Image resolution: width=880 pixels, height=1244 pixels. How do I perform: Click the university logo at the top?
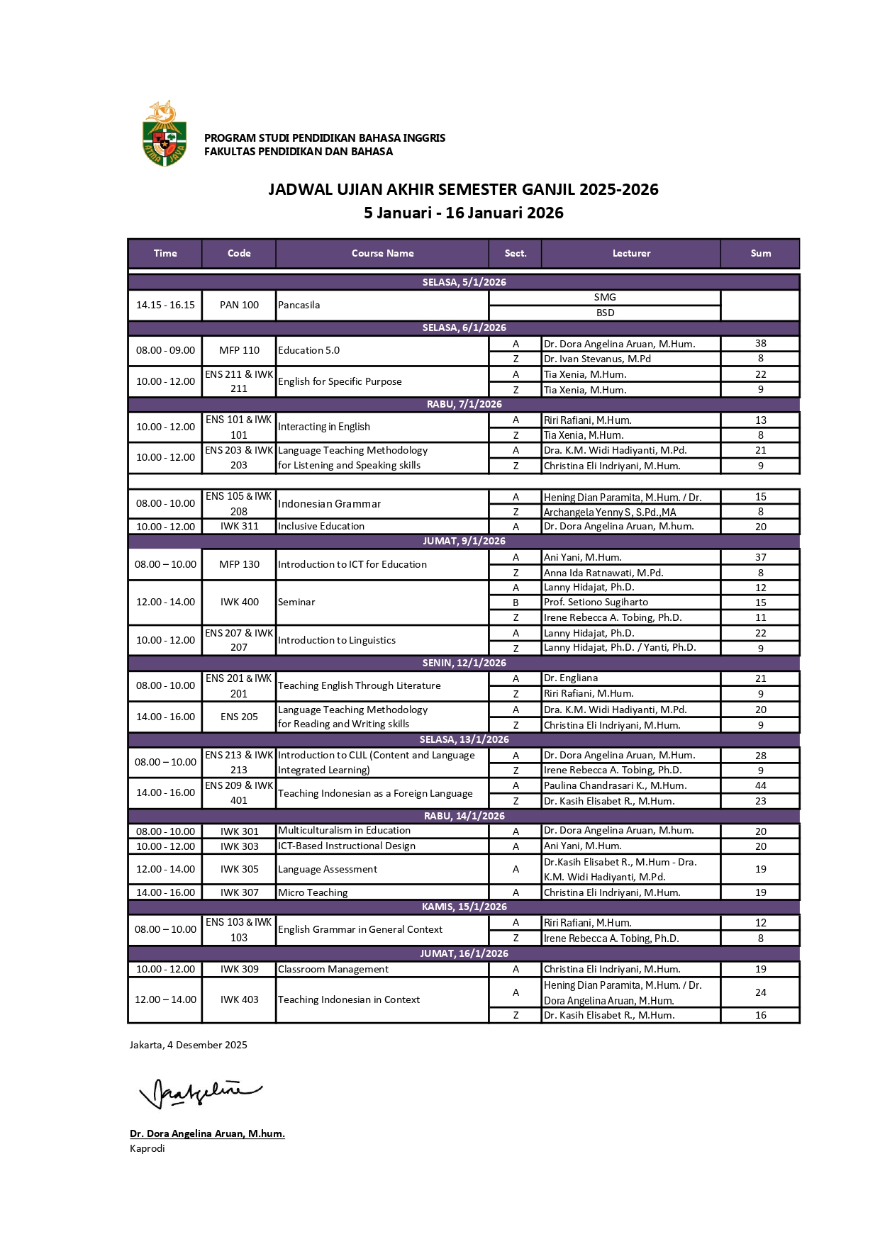tap(165, 133)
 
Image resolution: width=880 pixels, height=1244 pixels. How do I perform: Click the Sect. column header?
tap(516, 253)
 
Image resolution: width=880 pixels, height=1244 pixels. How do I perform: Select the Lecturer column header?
tap(631, 253)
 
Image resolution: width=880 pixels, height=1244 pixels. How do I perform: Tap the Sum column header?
tap(760, 253)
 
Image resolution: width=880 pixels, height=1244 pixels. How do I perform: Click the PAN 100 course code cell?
tap(239, 305)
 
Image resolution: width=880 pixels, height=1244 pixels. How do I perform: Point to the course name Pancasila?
tap(299, 305)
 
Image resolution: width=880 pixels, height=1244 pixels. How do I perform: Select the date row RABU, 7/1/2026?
tap(464, 404)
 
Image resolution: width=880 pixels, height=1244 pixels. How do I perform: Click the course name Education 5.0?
tap(309, 350)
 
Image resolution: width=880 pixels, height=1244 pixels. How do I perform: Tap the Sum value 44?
tap(760, 785)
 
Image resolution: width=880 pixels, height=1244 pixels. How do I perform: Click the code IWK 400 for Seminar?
tap(239, 602)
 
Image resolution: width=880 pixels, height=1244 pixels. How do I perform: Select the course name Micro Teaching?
tap(313, 892)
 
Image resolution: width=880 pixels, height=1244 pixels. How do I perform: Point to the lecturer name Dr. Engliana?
tap(571, 678)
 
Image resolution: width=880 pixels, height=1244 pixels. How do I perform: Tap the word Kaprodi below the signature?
tap(147, 1148)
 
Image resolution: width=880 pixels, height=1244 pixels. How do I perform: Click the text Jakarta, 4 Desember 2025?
tap(189, 1045)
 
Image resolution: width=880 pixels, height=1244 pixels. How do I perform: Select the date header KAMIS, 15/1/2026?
tap(464, 907)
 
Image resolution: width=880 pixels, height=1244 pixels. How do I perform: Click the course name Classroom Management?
tap(333, 969)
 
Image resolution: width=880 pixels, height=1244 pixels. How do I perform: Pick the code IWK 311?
tap(239, 526)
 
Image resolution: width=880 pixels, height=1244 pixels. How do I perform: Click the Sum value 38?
tap(760, 343)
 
